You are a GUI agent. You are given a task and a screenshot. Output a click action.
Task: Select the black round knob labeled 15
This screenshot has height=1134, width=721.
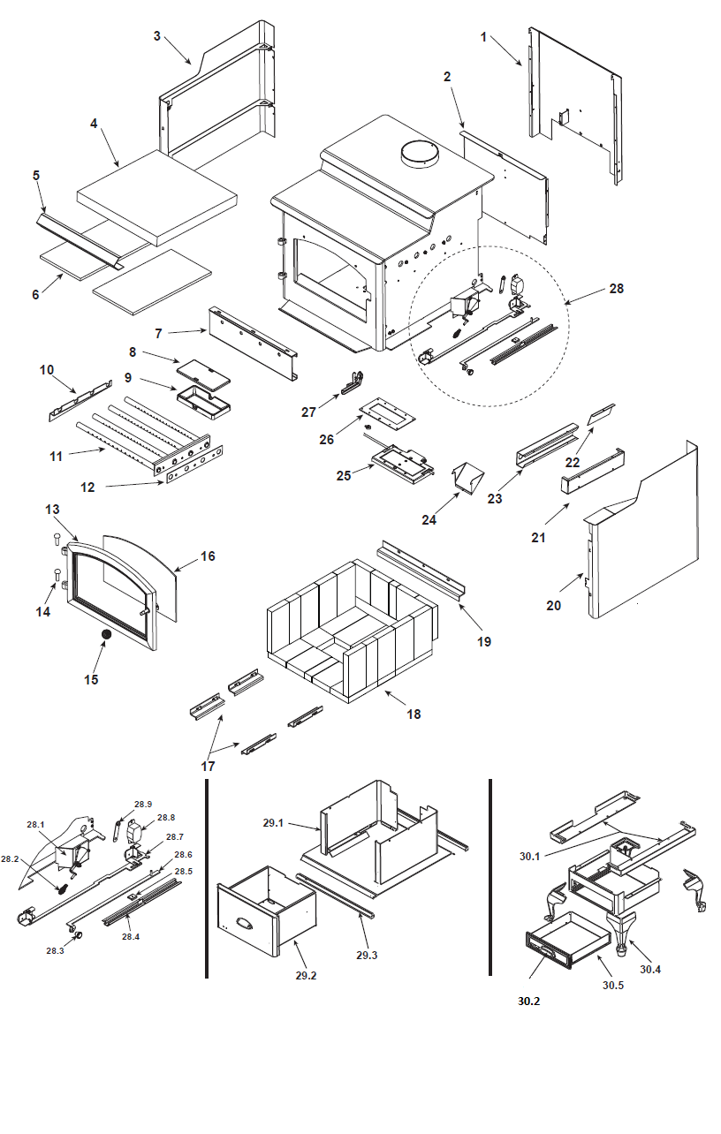coord(105,635)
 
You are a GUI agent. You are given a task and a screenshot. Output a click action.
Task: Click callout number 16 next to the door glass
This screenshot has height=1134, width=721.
coord(208,556)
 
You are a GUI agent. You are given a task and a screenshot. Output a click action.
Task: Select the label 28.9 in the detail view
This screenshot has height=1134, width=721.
coord(143,805)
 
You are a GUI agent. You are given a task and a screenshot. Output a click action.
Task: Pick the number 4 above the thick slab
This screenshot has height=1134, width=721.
coord(94,124)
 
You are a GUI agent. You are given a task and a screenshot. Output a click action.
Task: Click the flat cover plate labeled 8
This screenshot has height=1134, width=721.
coord(204,368)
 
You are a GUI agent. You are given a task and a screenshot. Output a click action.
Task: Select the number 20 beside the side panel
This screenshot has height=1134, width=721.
coord(553,605)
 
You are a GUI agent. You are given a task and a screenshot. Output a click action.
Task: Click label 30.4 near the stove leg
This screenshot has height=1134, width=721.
coord(650,969)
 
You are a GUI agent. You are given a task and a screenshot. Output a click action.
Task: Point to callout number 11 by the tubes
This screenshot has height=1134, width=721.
coord(57,457)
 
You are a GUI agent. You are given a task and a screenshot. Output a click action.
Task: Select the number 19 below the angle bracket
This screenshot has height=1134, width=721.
coord(484,641)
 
